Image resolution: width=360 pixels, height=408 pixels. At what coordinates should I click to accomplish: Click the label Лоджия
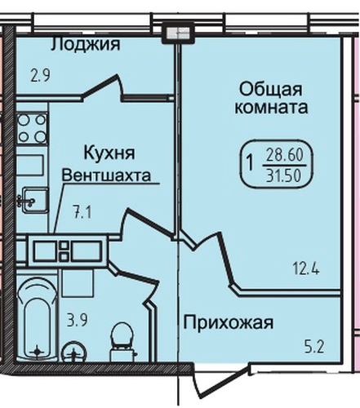(x=85, y=44)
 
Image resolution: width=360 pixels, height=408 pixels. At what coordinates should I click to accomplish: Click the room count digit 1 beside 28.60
(x=250, y=162)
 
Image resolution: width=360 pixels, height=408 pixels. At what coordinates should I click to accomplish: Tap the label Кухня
(x=109, y=153)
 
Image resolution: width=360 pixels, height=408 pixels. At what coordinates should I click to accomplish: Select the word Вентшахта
(x=109, y=174)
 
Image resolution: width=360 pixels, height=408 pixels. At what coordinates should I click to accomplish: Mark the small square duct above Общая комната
(x=175, y=33)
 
